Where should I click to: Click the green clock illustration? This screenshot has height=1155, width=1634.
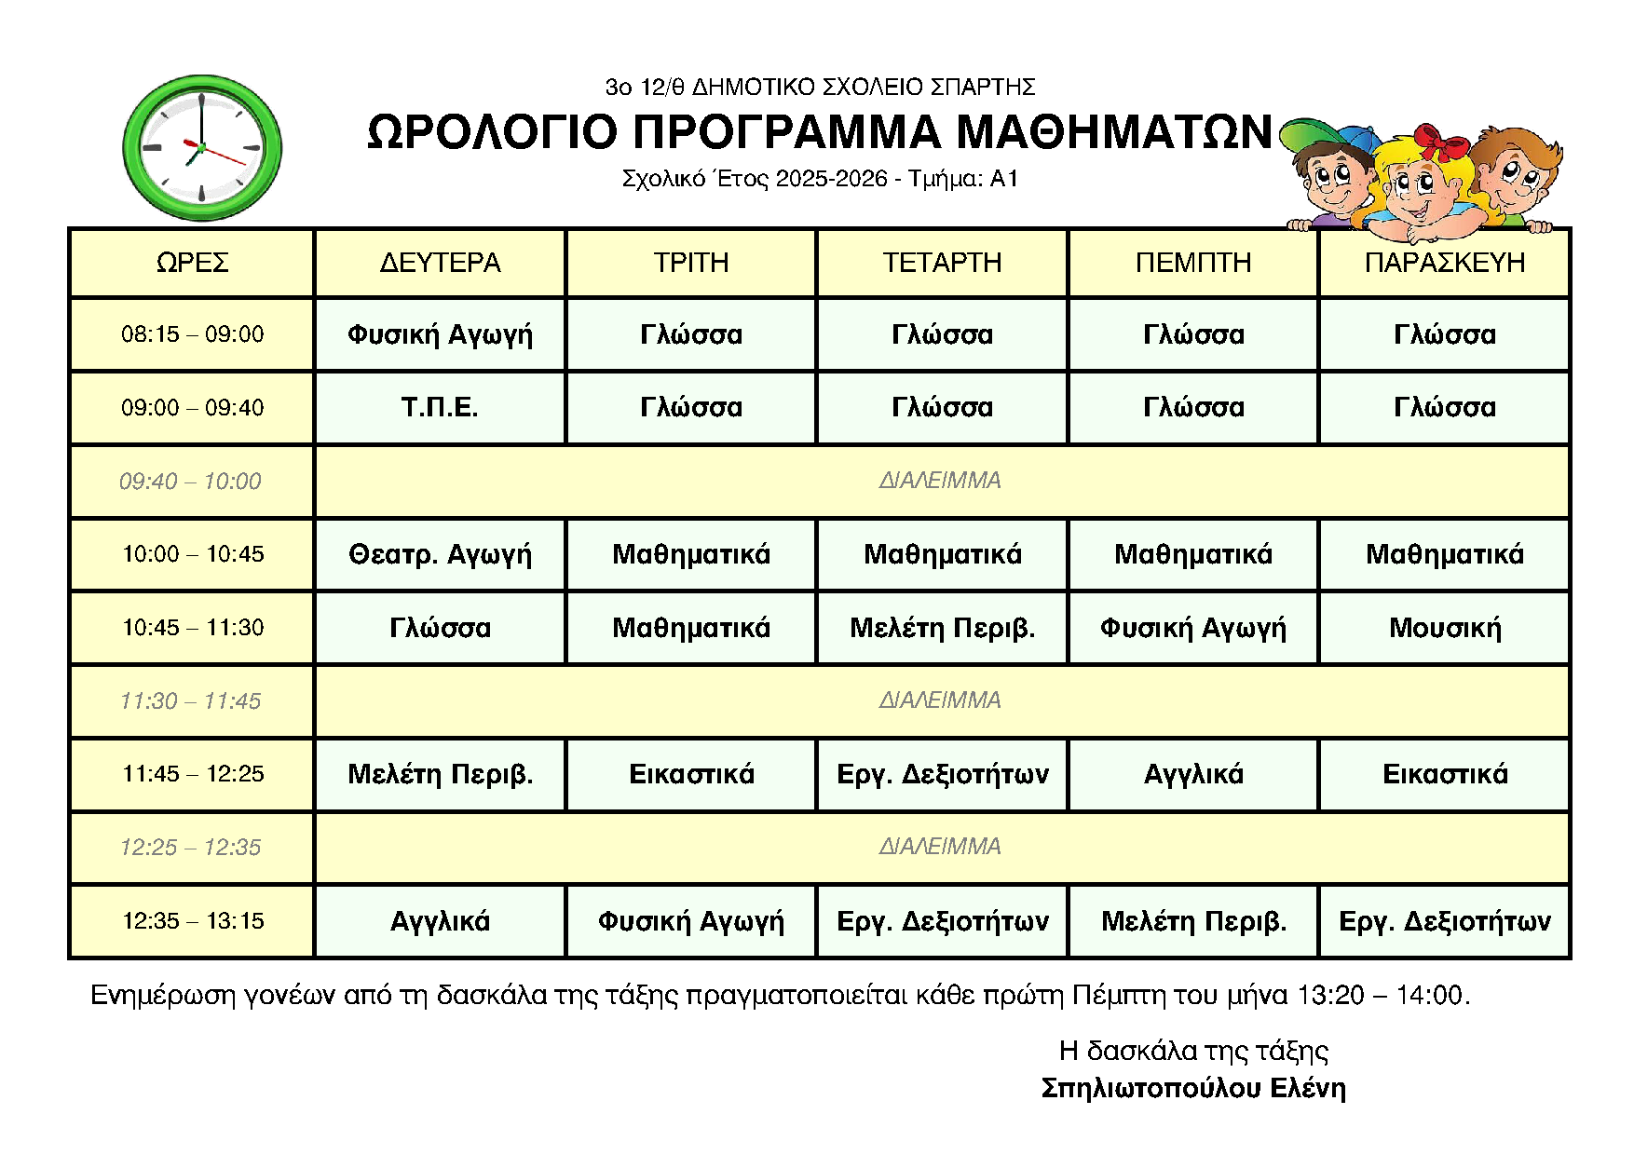pos(202,148)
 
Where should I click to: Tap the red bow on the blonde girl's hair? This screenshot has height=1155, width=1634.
pos(1440,143)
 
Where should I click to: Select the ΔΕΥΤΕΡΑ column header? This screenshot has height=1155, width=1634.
pos(440,263)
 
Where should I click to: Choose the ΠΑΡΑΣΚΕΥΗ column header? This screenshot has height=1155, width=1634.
pos(1445,263)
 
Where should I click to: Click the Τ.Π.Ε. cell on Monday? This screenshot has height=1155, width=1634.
pos(440,408)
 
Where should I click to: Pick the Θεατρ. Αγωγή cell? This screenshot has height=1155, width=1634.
pos(440,555)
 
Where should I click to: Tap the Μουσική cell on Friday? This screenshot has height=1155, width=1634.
pos(1445,629)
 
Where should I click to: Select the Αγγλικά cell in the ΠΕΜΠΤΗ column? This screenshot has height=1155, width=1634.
pos(1193,775)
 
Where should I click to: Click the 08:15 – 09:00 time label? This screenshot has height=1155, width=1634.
pos(193,334)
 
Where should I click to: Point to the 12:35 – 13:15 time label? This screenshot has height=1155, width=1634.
pos(193,921)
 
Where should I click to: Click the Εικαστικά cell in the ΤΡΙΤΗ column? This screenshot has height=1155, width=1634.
pos(691,775)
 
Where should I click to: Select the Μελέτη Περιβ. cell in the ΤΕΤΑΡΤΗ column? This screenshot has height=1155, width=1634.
pos(942,629)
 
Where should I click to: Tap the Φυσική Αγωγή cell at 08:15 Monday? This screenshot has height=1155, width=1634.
pos(440,334)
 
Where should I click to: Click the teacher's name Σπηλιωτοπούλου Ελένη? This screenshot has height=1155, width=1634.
pos(1193,1088)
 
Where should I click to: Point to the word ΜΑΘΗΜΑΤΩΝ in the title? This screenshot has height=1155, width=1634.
pos(1114,132)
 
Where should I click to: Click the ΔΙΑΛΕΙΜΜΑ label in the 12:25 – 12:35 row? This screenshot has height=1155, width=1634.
pos(940,847)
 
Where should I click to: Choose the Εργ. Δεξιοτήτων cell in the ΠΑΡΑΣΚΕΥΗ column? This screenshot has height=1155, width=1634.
pos(1445,921)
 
